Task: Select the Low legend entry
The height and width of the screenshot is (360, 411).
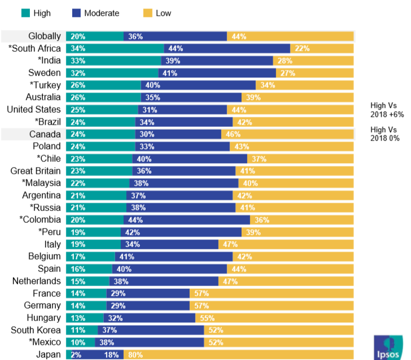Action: point(156,12)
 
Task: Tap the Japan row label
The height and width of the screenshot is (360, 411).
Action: point(48,355)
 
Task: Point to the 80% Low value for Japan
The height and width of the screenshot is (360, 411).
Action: point(136,355)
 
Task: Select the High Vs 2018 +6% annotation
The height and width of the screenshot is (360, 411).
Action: point(387,109)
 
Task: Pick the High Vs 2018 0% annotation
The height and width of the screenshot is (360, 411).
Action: point(384,134)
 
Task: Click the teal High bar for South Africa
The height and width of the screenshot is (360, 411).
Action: point(115,49)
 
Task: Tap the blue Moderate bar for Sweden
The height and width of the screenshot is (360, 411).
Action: point(217,73)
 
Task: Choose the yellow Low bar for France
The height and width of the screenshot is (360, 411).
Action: point(272,293)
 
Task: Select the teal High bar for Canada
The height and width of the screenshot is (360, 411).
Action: point(100,134)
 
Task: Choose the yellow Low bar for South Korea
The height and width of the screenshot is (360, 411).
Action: point(279,330)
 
